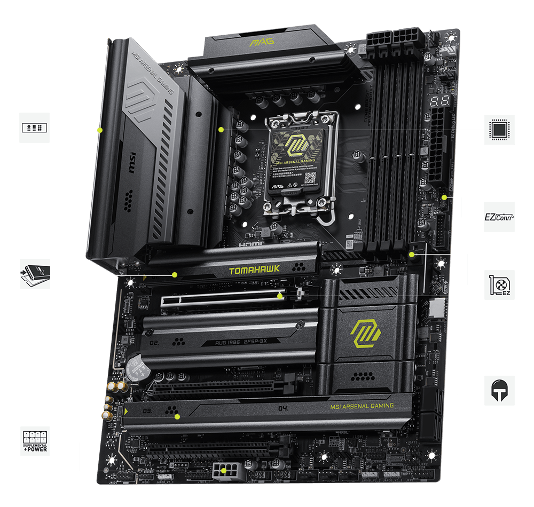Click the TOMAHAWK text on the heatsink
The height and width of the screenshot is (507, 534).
click(254, 271)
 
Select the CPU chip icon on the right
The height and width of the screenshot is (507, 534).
click(499, 130)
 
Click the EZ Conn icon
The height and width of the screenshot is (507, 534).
click(499, 217)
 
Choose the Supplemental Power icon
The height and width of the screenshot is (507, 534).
click(35, 441)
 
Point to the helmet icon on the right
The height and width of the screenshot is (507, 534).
click(499, 391)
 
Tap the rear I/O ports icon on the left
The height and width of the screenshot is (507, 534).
click(35, 128)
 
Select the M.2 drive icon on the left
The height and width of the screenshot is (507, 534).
click(35, 274)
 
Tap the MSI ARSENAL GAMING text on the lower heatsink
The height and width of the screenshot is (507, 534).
click(362, 406)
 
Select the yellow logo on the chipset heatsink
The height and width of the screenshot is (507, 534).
click(366, 334)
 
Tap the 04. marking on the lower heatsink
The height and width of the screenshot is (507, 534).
click(284, 409)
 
